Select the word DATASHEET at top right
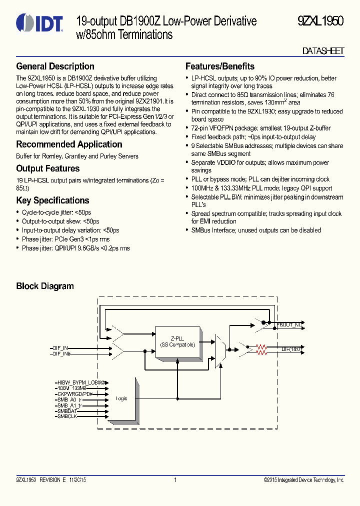(x=323, y=51)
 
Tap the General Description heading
(x=55, y=66)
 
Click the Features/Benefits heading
(x=219, y=66)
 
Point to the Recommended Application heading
(x=69, y=144)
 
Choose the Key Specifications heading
(x=52, y=200)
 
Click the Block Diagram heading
(x=45, y=286)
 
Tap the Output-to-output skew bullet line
(x=60, y=221)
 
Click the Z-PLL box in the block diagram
(x=177, y=341)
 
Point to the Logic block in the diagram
(x=122, y=398)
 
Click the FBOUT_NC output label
(x=290, y=325)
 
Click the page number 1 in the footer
(x=175, y=480)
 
